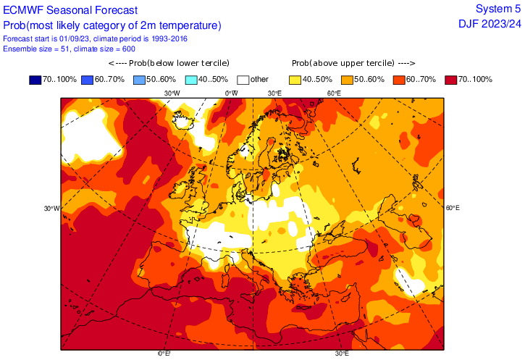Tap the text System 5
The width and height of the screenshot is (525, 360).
point(497,9)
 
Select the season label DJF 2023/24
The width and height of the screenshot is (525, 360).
point(490,24)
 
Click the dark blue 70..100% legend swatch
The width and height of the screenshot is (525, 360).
point(35,79)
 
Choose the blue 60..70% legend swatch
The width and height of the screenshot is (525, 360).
point(88,79)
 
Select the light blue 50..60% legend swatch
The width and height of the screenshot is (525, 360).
point(140,79)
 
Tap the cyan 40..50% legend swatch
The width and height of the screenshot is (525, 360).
point(192,79)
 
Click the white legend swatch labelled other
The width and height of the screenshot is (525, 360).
point(243,79)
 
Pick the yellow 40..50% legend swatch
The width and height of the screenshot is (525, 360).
point(296,79)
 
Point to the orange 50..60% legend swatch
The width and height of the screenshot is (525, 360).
point(348,79)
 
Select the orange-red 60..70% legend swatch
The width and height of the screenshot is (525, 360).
point(400,79)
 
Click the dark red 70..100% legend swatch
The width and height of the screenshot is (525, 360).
point(452,79)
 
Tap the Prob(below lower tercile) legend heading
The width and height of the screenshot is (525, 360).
point(164,64)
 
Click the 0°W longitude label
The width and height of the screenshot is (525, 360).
point(232,93)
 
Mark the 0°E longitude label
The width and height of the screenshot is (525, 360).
point(164,354)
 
